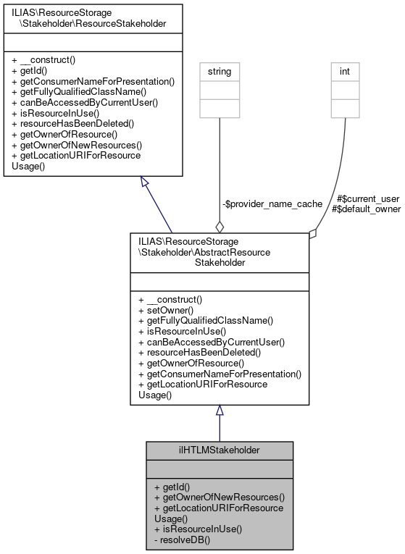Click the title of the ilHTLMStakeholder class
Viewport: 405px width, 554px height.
pyautogui.click(x=220, y=450)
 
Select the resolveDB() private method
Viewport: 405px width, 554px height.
pyautogui.click(x=183, y=539)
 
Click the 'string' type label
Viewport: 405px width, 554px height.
pyautogui.click(x=220, y=72)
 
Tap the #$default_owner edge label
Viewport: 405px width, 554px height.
pyautogui.click(x=365, y=209)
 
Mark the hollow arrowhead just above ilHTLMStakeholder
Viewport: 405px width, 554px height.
pyautogui.click(x=220, y=411)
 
